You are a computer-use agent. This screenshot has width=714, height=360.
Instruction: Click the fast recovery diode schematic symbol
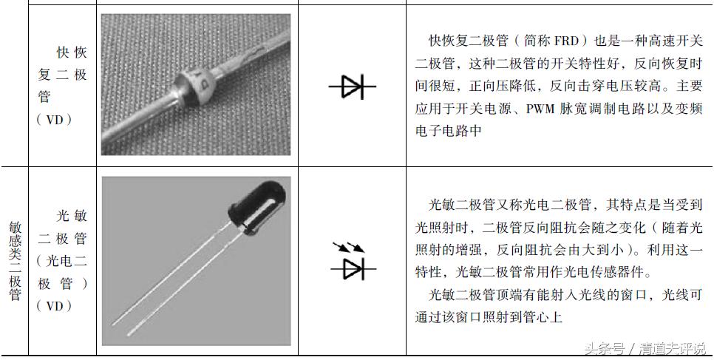352,87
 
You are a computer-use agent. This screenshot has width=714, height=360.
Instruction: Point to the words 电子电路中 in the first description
444,133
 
